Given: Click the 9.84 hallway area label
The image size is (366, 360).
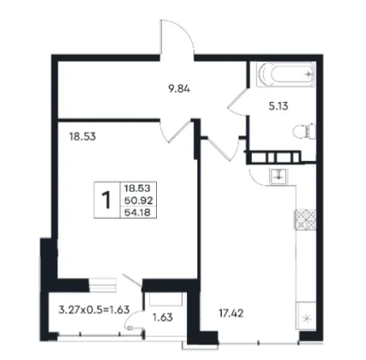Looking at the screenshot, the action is (x=179, y=89).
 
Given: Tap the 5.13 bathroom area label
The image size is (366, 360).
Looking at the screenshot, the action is (x=279, y=106).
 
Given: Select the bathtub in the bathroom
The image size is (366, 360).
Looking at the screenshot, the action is (x=285, y=75).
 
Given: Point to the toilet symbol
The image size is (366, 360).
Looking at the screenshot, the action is (x=304, y=131).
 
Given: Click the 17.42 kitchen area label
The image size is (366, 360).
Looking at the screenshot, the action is (x=231, y=314).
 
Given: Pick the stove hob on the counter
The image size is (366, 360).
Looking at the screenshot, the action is (x=305, y=219).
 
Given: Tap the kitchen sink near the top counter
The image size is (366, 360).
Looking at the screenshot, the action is (x=279, y=176).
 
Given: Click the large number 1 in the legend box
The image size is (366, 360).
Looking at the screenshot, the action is (x=106, y=200).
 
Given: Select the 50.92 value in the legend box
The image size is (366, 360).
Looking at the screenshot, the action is (x=139, y=201).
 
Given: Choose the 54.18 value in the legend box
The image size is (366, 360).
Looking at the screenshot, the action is (x=137, y=213).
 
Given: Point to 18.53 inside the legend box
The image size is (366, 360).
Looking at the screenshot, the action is (x=137, y=189).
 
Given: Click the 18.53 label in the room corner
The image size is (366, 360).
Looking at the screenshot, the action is (x=82, y=137).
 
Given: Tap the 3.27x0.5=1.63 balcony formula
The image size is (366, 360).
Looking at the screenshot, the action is (x=94, y=309).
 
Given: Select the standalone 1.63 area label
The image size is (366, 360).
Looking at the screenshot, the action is (x=163, y=317).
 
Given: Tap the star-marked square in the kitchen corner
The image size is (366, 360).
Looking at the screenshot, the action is (x=306, y=316).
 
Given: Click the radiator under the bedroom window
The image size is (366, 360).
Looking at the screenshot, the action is (x=102, y=285).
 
